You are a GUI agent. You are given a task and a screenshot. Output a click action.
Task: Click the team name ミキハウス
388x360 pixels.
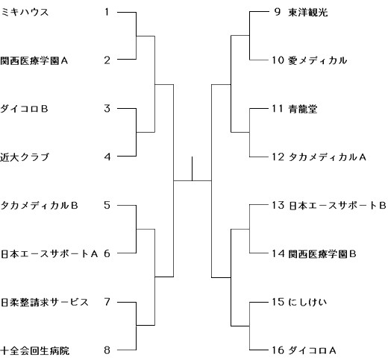[25, 12]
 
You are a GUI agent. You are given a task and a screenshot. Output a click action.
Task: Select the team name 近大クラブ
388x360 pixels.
[25, 157]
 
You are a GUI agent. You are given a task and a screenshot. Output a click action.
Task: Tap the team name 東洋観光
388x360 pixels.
[308, 13]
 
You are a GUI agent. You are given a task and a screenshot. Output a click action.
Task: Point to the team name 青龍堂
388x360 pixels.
[303, 109]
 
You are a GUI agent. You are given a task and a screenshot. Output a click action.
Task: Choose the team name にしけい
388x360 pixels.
[307, 302]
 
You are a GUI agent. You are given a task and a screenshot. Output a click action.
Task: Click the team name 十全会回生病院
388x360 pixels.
[35, 350]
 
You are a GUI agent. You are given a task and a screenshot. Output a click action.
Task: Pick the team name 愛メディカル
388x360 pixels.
[318, 60]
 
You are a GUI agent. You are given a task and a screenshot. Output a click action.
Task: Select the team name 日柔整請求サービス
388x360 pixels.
[45, 302]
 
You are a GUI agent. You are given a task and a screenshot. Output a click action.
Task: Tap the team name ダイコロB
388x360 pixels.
[24, 109]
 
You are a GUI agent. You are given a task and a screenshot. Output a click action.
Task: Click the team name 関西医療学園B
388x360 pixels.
[322, 253]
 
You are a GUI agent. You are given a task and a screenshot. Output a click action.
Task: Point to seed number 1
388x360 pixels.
[107, 12]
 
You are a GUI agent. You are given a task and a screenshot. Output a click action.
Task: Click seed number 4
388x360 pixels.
[107, 157]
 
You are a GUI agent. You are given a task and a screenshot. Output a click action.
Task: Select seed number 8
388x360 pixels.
[107, 350]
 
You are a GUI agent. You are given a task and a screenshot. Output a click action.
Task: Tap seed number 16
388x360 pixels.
[278, 350]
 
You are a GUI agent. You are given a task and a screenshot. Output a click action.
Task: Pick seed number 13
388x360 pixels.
[278, 205]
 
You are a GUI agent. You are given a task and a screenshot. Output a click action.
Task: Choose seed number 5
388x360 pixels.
[107, 205]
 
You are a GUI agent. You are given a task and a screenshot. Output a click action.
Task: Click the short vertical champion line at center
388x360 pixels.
[192, 168]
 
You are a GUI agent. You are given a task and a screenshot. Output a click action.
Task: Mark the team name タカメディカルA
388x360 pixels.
[327, 157]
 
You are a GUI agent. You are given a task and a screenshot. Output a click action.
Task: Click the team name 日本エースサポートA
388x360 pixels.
[49, 253]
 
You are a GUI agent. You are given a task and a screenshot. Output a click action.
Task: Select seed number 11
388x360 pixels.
[278, 109]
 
